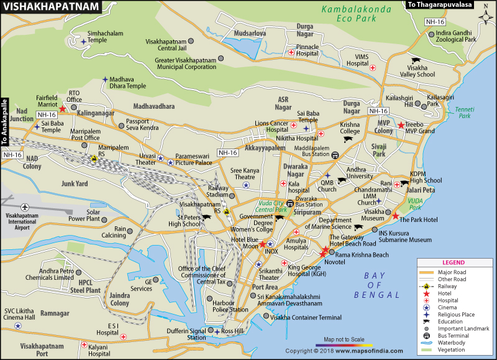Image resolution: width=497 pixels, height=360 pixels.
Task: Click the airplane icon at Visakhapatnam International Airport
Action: (x=25, y=207)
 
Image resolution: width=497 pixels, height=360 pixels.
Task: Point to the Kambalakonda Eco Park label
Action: (x=358, y=14)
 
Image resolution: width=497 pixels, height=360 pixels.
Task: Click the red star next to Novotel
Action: (x=324, y=252)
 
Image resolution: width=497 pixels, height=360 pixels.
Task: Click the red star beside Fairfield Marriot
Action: (x=63, y=109)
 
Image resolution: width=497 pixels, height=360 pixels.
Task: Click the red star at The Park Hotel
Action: (x=395, y=216)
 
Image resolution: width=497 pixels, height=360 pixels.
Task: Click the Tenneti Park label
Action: (x=463, y=113)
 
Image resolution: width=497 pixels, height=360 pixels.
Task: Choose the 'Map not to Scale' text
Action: (x=344, y=338)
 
